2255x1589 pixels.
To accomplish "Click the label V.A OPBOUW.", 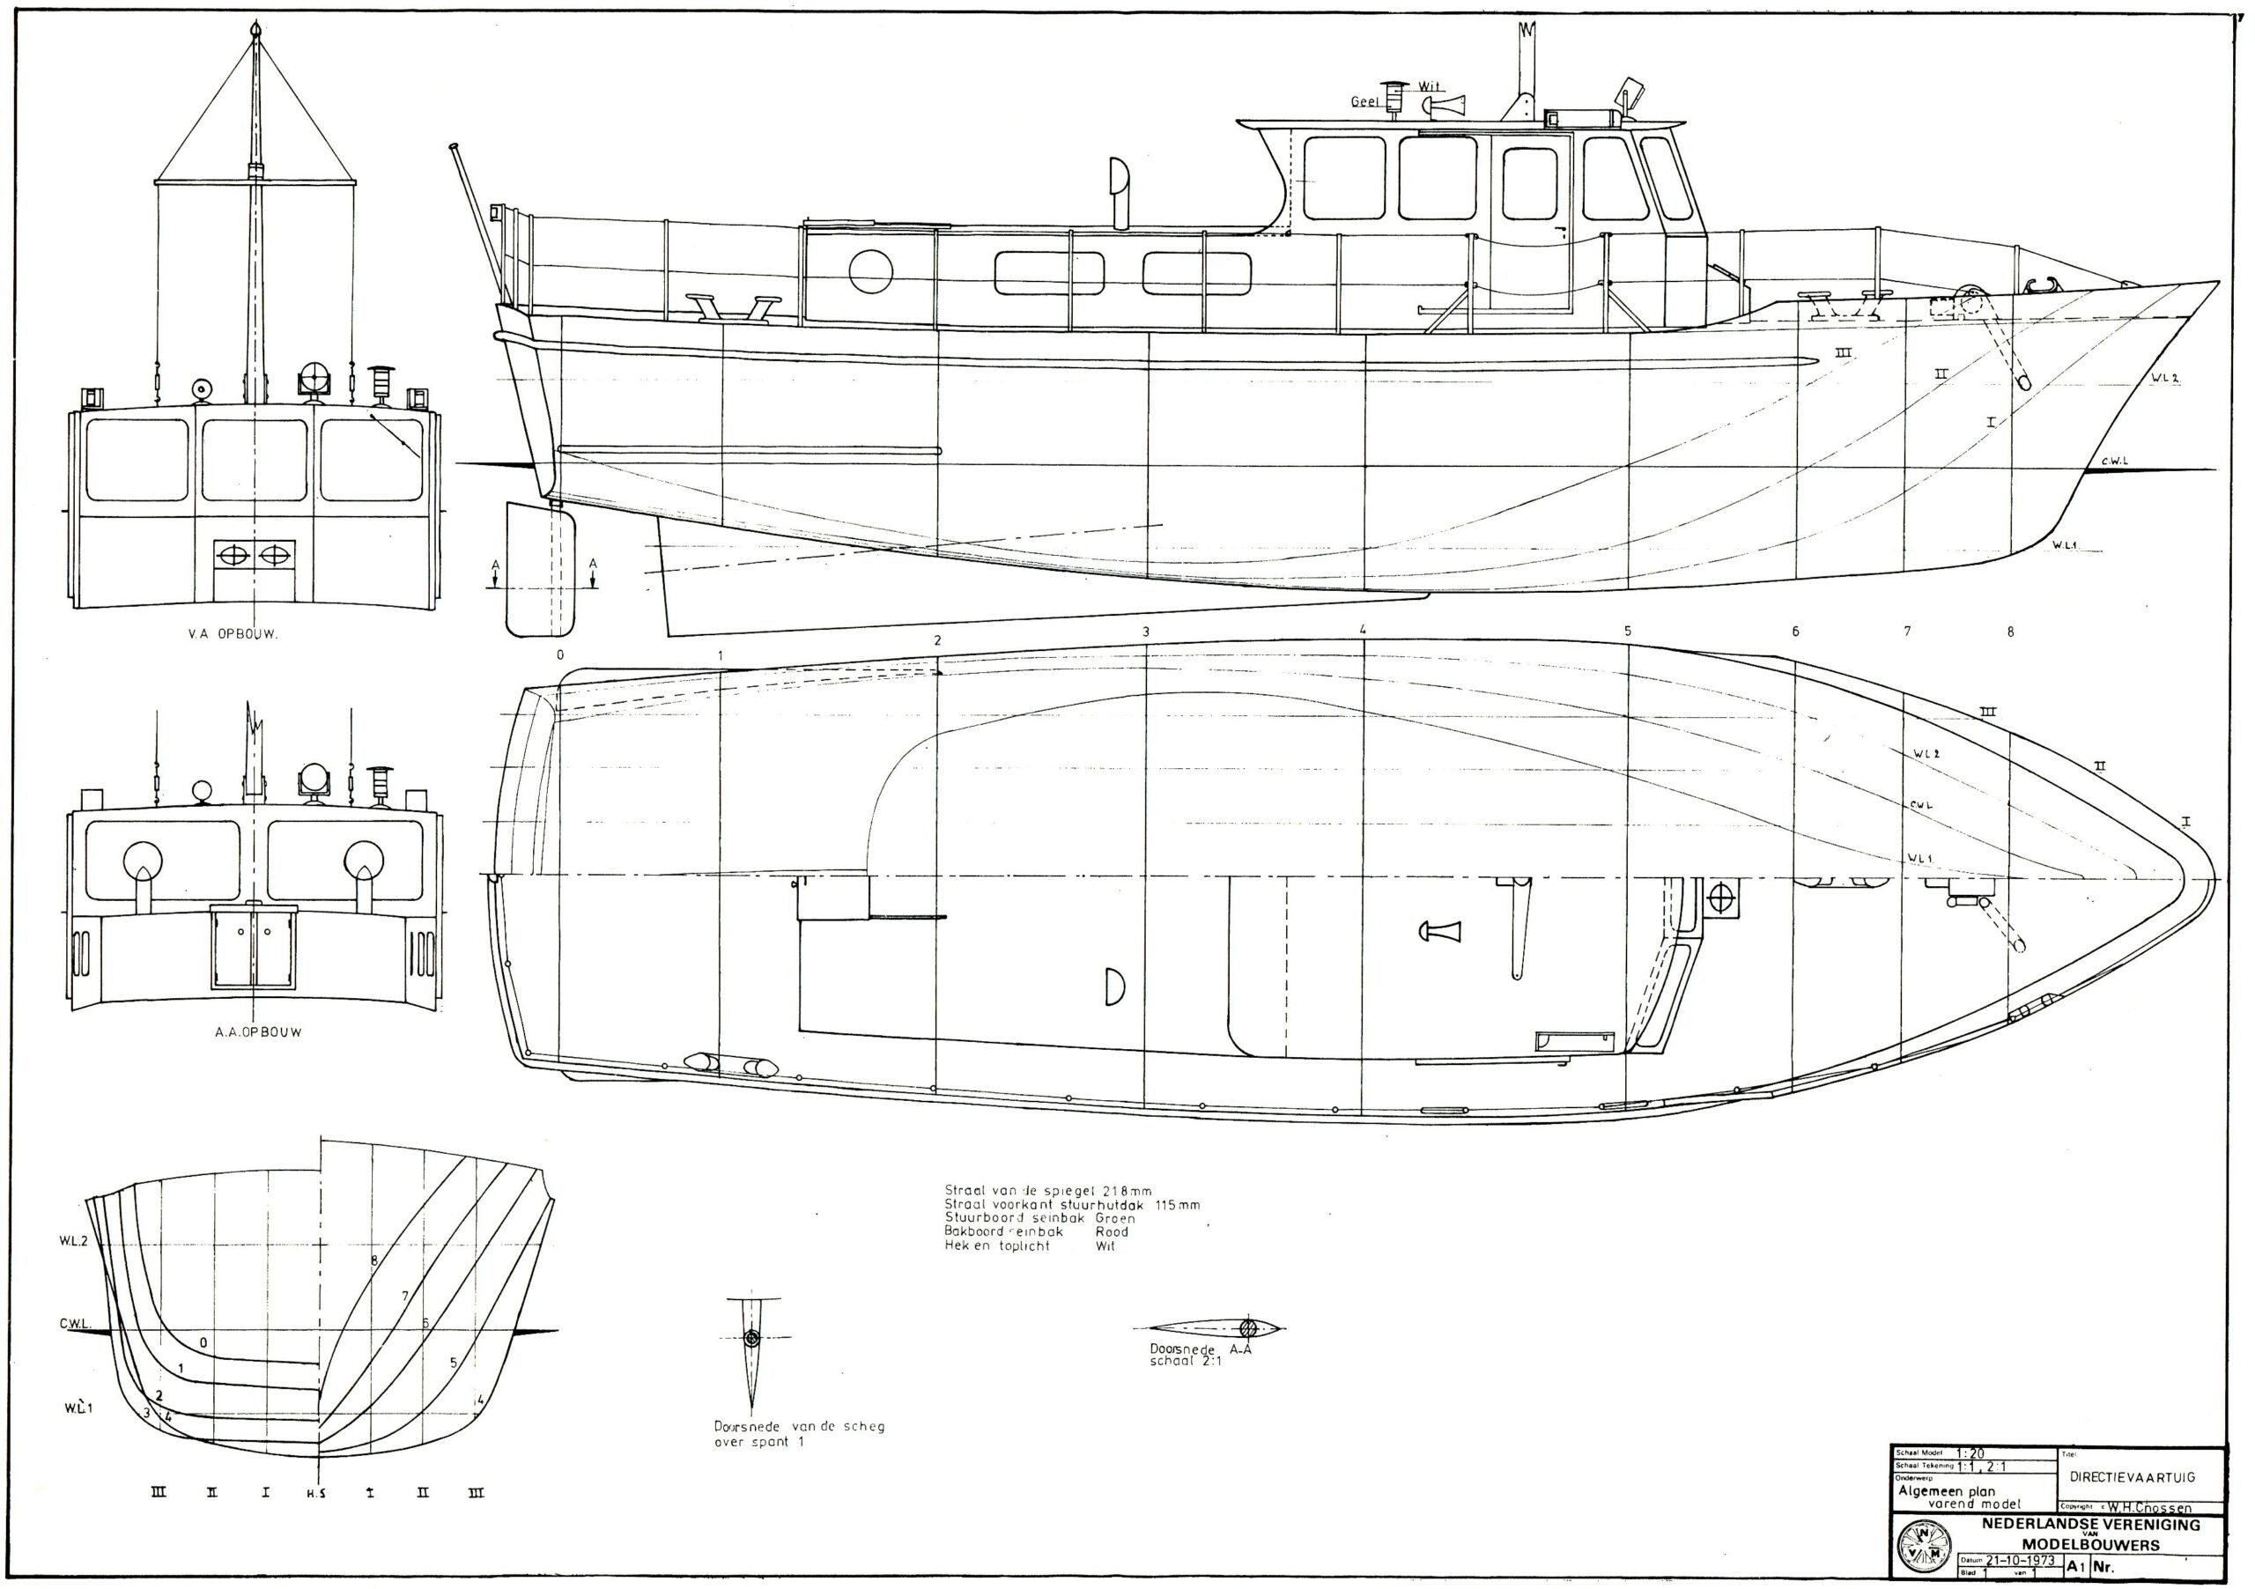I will coord(233,634).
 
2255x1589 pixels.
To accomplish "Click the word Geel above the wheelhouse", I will coord(1364,101).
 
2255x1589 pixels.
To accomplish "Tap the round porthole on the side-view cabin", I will coord(870,272).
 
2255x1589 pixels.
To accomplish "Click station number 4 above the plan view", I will coord(1364,630).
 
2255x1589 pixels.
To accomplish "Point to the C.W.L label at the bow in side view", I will coord(2115,461).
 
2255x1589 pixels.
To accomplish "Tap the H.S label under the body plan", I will coord(316,1494).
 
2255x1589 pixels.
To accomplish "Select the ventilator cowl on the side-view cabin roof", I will coord(1118,187).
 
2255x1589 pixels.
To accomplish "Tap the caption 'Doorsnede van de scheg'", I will coord(798,1426).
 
